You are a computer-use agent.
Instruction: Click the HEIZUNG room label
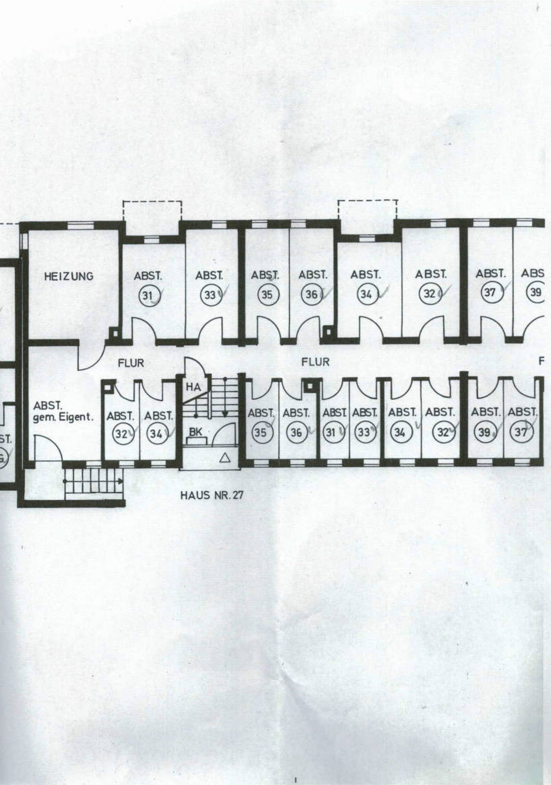coord(68,276)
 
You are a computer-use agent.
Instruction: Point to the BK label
coord(195,432)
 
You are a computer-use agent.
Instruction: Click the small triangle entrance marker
coord(225,458)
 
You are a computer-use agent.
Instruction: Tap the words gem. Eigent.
coord(63,418)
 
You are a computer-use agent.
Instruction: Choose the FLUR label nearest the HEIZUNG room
coord(131,363)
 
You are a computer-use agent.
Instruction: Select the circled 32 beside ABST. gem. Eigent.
coord(121,434)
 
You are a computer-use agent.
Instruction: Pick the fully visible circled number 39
coord(484,432)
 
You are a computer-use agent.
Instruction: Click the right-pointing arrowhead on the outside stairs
coord(121,481)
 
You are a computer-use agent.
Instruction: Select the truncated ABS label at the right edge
coord(532,274)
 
